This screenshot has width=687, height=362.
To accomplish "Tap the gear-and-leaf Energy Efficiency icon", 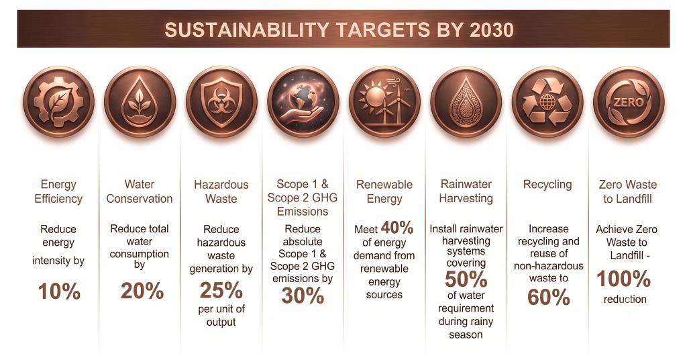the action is pos(58,102).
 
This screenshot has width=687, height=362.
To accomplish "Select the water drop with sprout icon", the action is pos(140,102).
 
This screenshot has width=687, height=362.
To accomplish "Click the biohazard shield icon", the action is pos(221,102).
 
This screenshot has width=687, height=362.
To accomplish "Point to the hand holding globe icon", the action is pos(303,102).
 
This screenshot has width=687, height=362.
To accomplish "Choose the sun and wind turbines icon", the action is pos(384,102).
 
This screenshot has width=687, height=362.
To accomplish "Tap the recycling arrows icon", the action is pos(547,102).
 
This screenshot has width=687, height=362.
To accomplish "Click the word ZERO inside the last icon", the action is pos(628,103).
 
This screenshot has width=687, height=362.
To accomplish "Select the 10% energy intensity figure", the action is pos(59,291).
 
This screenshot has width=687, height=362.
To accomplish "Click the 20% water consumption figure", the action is pos(142,291).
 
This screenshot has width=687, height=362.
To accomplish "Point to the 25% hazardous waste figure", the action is pos(221,290).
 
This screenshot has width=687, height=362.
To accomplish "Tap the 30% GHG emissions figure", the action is pos(303,296).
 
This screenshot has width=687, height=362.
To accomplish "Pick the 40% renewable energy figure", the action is pos(397,228).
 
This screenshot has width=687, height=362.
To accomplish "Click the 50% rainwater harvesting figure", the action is pos(466,279).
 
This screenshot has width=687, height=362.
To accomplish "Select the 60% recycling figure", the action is pos(549,297).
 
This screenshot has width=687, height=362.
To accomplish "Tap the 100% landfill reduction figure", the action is pos(623,279).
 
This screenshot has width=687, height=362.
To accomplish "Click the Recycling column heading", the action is pos(547,184).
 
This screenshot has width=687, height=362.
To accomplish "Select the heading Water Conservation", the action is pos(140,191).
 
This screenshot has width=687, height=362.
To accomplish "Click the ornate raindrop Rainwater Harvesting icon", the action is pos(466,102).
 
